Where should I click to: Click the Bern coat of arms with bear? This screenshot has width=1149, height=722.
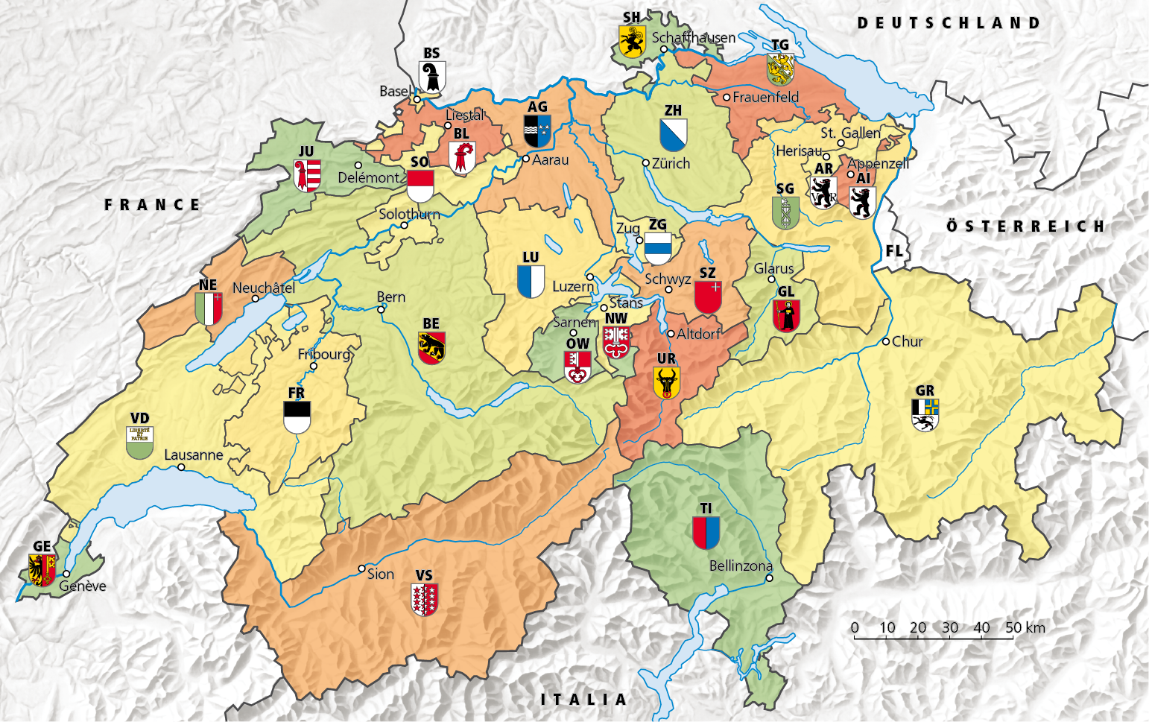coord(431,348)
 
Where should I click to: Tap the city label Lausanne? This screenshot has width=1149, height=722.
coord(193,455)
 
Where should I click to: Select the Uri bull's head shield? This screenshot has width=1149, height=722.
coord(666,383)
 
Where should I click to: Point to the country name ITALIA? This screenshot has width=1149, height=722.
coord(583,699)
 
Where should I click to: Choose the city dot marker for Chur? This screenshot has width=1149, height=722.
coord(886,341)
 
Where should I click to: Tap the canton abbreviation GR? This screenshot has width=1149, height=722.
coord(925,390)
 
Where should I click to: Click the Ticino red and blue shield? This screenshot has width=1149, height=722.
coord(706,533)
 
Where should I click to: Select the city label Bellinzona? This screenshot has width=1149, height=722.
coord(740,566)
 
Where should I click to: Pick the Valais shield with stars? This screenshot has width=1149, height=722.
coord(424,599)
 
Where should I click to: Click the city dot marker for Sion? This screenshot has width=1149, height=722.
coord(362,569)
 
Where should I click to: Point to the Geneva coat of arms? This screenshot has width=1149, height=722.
coord(42,570)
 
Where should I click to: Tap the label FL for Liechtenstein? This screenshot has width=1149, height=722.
coord(894,251)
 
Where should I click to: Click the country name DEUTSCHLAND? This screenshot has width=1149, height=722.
coord(948,23)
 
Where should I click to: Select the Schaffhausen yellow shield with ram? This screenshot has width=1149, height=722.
coord(632,42)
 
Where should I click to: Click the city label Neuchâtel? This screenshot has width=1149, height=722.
coord(264,288)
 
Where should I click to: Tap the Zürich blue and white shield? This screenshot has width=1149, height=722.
coord(673,135)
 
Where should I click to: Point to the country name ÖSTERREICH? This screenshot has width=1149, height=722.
coord(1025,226)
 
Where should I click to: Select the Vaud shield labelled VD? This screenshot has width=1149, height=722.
coord(140,443)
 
